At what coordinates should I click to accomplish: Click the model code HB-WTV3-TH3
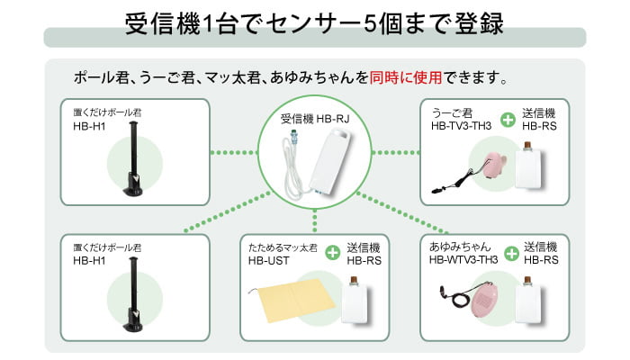click(464, 260)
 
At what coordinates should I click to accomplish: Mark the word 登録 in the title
click(473, 22)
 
